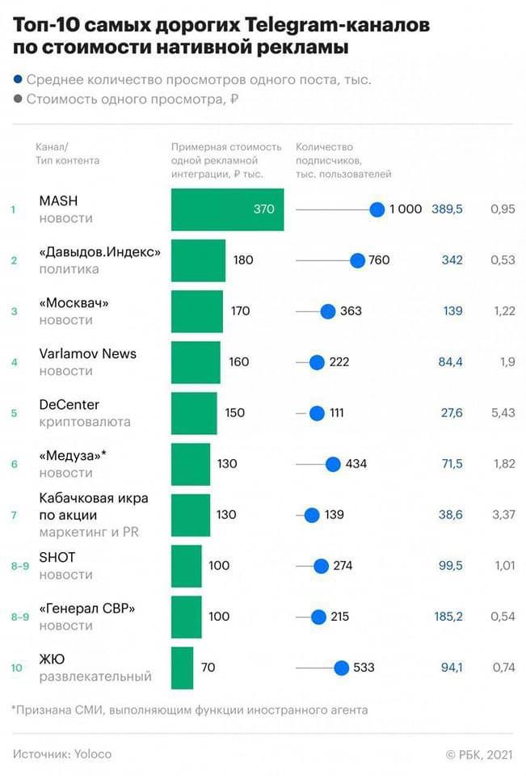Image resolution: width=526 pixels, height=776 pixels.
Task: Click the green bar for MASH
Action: click(x=227, y=209)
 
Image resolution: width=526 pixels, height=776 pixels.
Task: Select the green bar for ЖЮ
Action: click(x=183, y=668)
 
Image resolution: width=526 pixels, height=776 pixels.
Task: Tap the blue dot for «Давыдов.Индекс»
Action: click(x=357, y=260)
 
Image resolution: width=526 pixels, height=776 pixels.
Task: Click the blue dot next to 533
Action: click(x=341, y=668)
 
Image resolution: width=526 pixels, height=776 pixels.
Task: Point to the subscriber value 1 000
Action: click(x=406, y=209)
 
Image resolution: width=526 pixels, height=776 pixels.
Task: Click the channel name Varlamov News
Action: click(x=88, y=353)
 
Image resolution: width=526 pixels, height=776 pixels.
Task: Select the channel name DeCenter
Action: click(x=69, y=404)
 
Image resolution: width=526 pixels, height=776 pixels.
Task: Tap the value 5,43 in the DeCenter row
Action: click(x=502, y=413)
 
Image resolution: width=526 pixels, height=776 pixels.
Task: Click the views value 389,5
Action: click(x=447, y=209)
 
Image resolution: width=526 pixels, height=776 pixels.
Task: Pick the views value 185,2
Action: click(x=447, y=617)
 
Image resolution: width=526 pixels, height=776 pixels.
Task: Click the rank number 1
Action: click(x=13, y=210)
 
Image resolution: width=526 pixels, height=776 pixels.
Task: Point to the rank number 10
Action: click(x=15, y=668)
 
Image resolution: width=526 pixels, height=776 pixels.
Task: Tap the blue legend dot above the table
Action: click(x=18, y=80)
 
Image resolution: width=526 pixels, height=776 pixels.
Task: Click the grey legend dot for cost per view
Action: click(x=18, y=100)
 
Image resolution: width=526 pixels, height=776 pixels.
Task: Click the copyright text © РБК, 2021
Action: click(x=478, y=753)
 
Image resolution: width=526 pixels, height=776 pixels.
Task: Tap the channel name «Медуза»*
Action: click(x=73, y=455)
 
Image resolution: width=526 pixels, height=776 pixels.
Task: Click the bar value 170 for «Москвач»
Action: click(x=240, y=311)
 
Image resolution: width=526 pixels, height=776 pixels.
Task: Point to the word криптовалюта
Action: click(x=85, y=422)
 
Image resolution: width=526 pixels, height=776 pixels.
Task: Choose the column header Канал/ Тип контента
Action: click(x=68, y=154)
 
